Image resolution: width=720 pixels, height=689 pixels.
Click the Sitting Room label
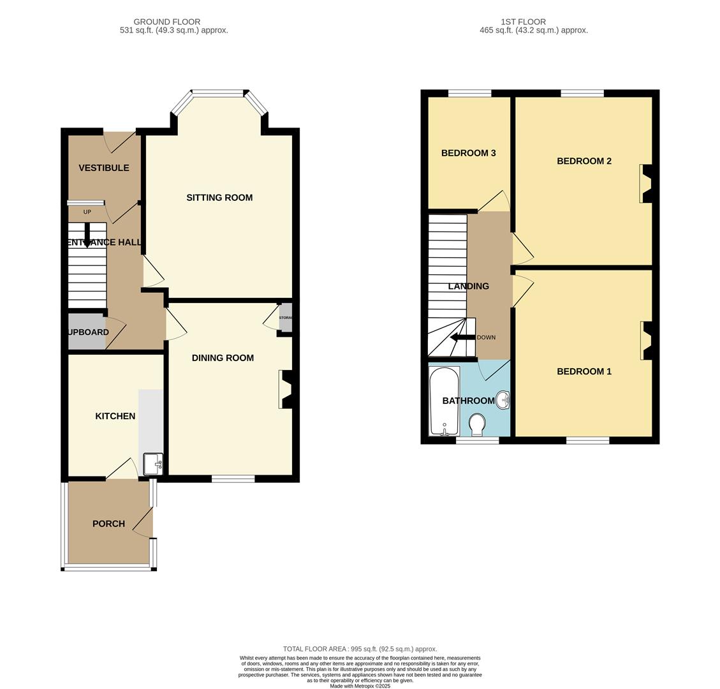point(219,198)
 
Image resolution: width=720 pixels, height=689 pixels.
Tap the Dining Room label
point(223,358)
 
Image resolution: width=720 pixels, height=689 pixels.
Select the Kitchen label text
point(115,416)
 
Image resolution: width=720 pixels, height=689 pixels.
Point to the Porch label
point(108,524)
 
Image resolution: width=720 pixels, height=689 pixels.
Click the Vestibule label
point(104,168)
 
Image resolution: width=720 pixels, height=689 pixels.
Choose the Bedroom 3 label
point(469,153)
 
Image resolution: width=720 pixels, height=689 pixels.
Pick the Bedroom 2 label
point(584,161)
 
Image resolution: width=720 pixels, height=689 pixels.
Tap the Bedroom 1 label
point(584,371)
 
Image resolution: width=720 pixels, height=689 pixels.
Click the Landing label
point(469,286)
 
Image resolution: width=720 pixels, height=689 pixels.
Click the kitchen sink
point(153,464)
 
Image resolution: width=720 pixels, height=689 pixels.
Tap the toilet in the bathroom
point(476,422)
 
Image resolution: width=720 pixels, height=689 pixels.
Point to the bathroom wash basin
point(503,400)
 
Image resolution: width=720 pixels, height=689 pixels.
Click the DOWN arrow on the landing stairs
point(464,337)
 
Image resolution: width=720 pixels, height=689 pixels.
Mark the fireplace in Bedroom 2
point(646,184)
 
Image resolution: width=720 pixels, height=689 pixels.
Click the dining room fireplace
point(285,389)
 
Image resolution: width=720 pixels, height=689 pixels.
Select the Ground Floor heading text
point(167,22)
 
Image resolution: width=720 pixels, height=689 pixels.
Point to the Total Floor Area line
point(360,649)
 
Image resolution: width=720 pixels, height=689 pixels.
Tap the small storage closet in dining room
point(285,318)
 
